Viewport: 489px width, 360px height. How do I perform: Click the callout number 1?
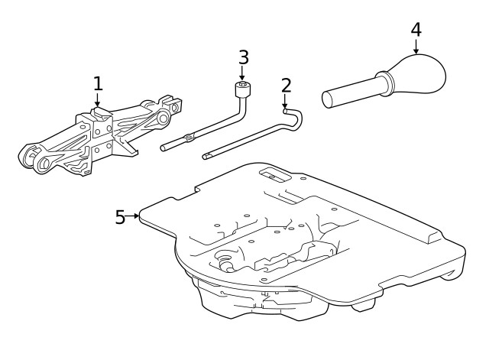[x=97, y=83]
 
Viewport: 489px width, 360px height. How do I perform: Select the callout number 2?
[x=286, y=85]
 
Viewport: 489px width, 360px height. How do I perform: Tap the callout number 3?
[x=243, y=57]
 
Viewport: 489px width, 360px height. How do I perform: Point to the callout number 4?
[x=416, y=30]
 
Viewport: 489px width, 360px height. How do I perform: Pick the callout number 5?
[x=120, y=217]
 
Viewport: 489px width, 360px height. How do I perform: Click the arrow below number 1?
[x=97, y=101]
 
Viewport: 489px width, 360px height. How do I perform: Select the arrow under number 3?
[x=243, y=75]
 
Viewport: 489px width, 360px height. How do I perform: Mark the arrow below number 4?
[x=416, y=47]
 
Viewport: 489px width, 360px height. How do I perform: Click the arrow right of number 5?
[x=134, y=216]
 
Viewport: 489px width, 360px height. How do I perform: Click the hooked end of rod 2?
[x=294, y=116]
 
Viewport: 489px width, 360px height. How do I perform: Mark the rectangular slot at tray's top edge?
[x=270, y=174]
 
